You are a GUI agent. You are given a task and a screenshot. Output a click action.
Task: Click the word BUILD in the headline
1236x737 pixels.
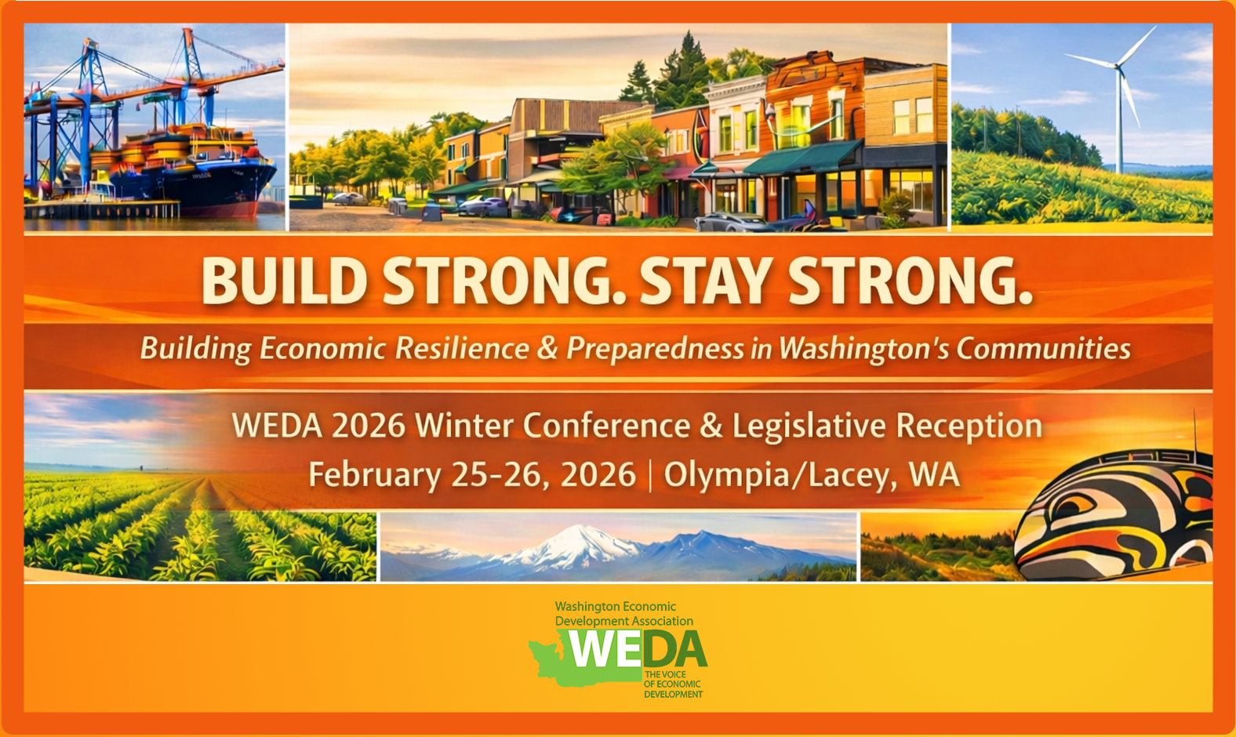284,281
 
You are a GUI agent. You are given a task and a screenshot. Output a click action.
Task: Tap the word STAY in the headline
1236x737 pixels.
706,281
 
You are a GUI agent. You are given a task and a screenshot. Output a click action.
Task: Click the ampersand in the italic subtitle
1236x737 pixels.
547,349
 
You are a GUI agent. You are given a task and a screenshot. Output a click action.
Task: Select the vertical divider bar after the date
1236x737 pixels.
650,475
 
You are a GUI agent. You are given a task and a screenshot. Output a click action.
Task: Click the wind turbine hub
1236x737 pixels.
1118,66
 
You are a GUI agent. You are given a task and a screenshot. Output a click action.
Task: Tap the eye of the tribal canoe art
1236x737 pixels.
1075,506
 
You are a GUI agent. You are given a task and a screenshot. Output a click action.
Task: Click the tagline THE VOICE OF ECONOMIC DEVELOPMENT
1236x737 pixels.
673,684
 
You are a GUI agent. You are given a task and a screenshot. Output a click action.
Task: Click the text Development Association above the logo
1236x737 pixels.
624,621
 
